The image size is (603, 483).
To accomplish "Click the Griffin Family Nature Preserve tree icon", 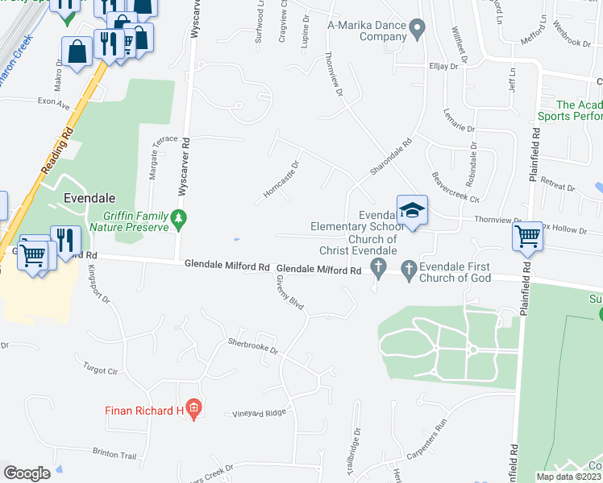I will tap(178, 217).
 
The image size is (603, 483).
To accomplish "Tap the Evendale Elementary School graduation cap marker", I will tap(412, 211).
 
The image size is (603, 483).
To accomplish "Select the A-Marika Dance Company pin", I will tap(417, 31).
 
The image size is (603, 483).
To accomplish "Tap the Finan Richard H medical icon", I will tap(193, 411).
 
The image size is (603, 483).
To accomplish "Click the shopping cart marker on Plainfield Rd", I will tap(527, 236).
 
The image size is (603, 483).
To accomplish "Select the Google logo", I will tap(27, 473).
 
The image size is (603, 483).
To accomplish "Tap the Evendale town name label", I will tap(89, 198).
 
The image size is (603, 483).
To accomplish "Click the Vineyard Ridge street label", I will tap(260, 412).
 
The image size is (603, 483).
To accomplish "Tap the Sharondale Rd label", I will tap(391, 157).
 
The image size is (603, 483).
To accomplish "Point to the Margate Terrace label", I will tap(152, 158).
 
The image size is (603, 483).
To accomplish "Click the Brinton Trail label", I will tap(115, 454).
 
